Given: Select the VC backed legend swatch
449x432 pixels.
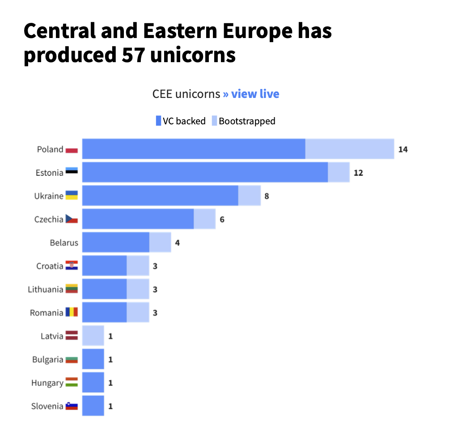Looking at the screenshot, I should coord(158,121).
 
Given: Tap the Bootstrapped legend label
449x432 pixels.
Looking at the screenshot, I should coord(247,121).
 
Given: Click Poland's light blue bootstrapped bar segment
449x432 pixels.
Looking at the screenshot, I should coord(350,149).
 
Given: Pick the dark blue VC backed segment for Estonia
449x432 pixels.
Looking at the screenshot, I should coord(205,172).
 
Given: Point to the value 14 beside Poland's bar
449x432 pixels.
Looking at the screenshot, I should coord(403,149).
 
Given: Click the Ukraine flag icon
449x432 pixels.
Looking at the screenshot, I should coord(72,195).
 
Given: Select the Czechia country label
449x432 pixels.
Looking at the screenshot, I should coord(49,219).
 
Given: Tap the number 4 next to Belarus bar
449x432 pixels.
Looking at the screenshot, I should coord(178,243).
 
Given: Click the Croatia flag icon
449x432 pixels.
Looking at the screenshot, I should coord(72,266).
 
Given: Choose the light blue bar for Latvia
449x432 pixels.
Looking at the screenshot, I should coord(93,336).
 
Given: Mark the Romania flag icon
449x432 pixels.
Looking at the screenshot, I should coord(72,312).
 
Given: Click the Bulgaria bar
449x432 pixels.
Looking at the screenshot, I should coord(93,359).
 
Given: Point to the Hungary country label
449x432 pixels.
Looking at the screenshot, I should coord(47,383).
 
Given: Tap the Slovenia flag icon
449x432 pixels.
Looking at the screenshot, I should coord(72,406).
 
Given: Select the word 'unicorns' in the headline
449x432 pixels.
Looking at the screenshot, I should coord(193,55).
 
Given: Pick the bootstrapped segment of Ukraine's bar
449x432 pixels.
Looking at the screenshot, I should coord(250,196).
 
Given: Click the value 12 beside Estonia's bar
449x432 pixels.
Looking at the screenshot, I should coord(358,173).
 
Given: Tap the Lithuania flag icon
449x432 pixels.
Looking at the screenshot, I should coord(72,289).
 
